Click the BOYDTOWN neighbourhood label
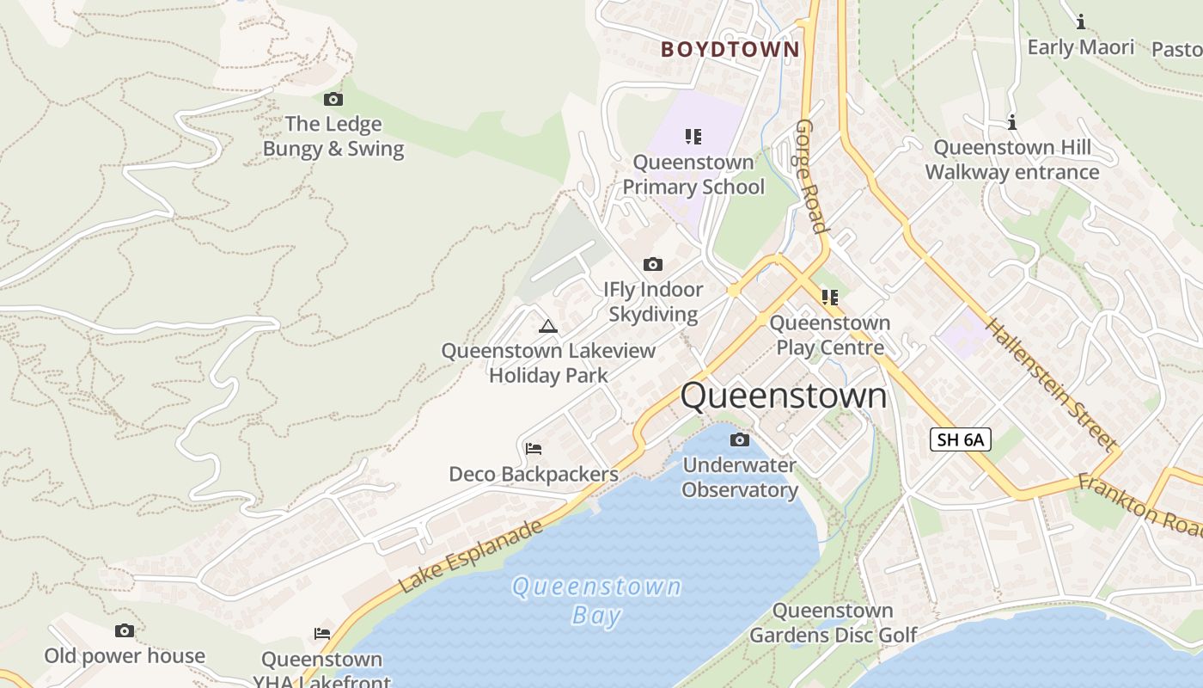coord(730,49)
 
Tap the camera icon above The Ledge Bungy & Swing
coord(333,100)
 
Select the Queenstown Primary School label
coord(693,175)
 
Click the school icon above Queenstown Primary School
coord(693,136)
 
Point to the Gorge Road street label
coord(810,176)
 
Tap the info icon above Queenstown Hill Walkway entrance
coord(1012,123)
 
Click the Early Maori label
coord(1081,47)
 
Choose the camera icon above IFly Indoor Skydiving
coord(653,264)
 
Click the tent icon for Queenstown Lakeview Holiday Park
coord(548,326)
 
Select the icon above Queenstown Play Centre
coord(829,298)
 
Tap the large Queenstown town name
coord(784,396)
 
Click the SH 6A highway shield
coord(960,439)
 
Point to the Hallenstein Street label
coord(1050,384)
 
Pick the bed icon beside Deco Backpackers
coord(534,448)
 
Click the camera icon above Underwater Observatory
coord(739,440)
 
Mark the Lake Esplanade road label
coord(471,556)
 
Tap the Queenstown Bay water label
coord(596,600)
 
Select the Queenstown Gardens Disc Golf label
coord(833,623)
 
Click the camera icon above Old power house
coord(125,631)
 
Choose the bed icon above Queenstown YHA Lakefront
coord(322,634)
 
